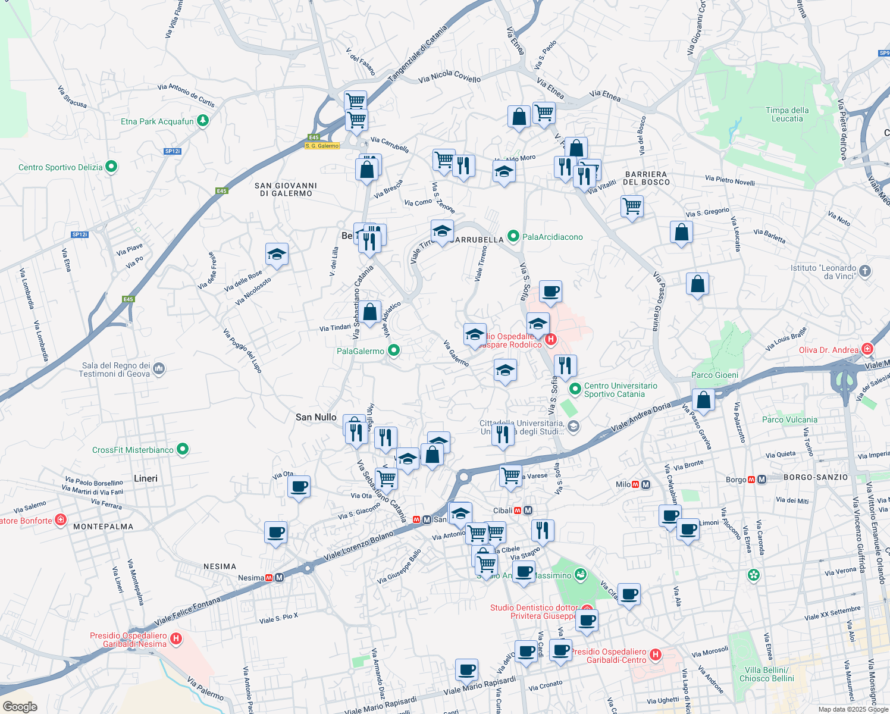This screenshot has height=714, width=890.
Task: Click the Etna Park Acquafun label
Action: point(157,121)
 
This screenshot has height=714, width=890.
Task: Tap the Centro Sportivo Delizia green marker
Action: point(111,167)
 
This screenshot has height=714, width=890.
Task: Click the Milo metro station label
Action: point(623,484)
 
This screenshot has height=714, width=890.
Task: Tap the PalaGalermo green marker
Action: point(393,351)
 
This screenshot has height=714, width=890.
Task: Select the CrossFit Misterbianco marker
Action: point(183,450)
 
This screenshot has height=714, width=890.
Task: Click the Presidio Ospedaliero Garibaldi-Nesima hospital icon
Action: point(176,640)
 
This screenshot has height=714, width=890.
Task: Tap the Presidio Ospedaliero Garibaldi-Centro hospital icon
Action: point(656,655)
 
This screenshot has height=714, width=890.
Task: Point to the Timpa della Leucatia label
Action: point(787,114)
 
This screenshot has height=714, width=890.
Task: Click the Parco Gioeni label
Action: point(715,375)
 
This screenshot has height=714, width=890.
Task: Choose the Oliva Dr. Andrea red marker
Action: point(867,349)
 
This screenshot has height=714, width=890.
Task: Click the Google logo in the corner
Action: point(20,706)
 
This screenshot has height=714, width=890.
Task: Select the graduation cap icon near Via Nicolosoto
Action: point(277,255)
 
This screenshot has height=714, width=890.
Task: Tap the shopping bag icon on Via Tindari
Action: point(369,312)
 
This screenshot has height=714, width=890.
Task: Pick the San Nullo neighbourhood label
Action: point(316,417)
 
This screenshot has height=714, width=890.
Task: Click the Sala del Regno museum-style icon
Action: point(159,369)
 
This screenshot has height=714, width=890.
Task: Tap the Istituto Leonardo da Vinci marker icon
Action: point(865,271)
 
